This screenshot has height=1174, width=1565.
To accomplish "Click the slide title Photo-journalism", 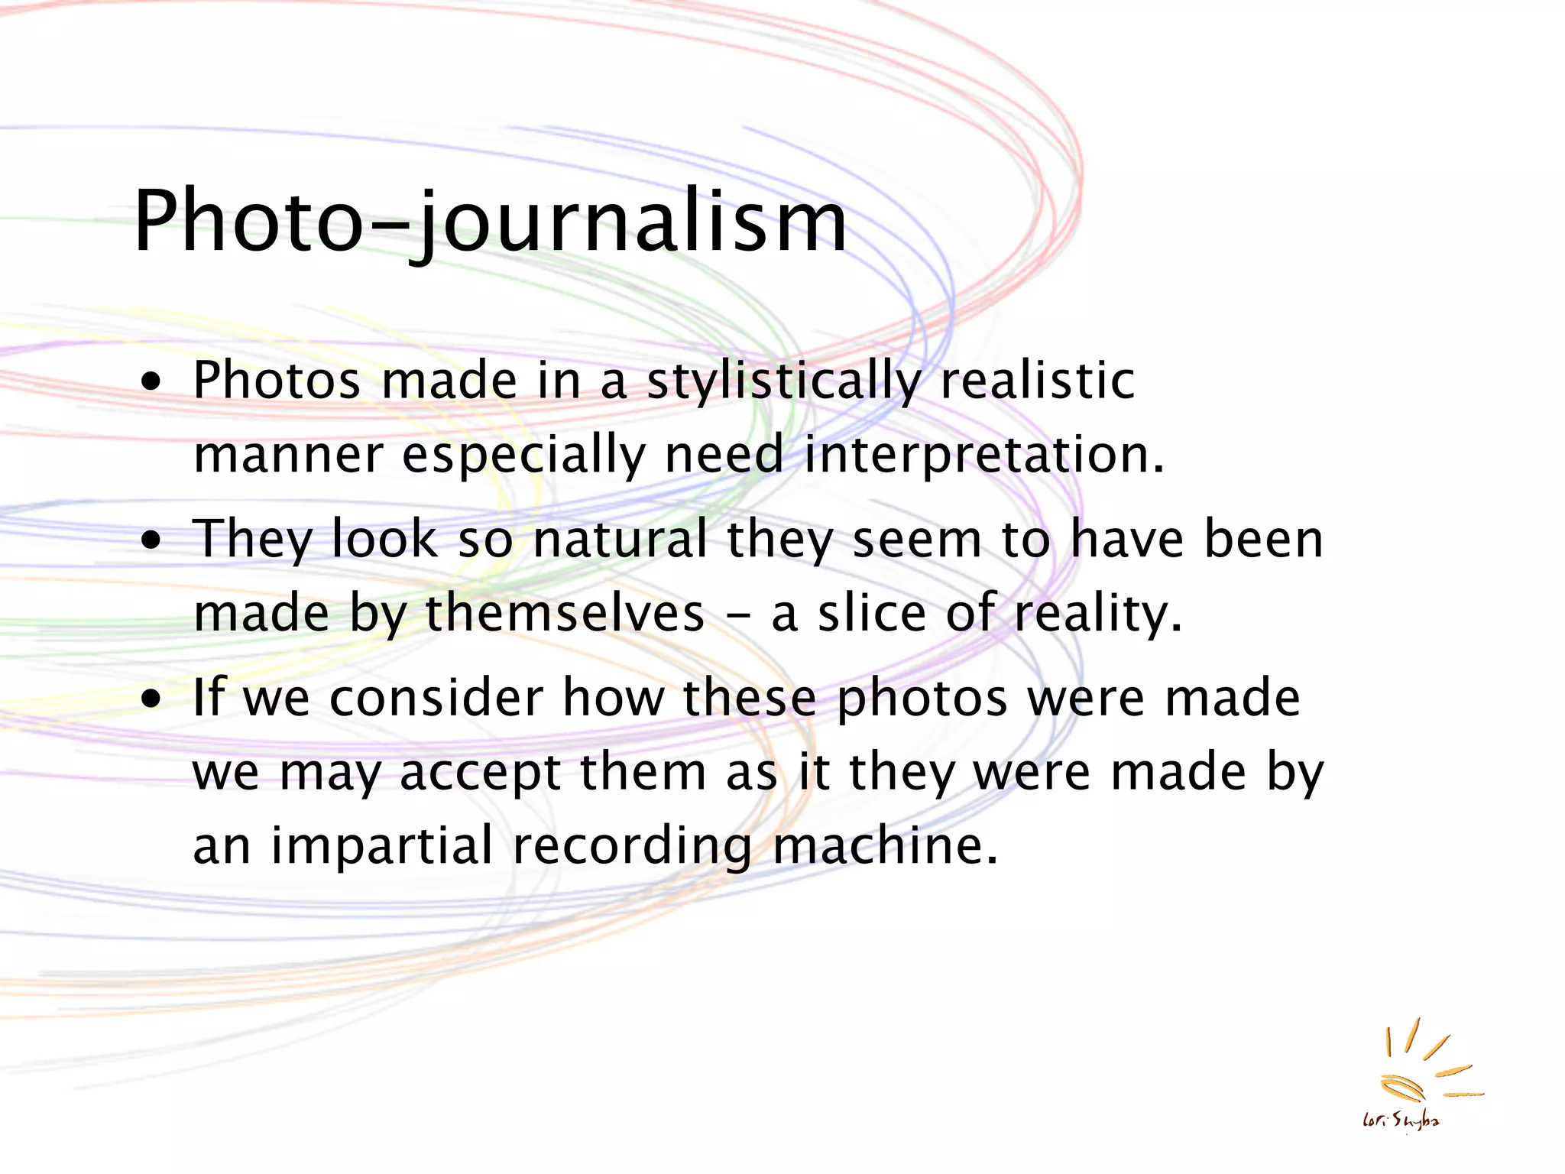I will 490,222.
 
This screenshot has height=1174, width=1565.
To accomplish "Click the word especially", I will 523,456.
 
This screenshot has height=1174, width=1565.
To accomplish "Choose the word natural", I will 620,539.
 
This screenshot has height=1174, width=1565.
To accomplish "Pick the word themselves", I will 565,614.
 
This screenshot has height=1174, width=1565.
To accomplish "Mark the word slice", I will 871,614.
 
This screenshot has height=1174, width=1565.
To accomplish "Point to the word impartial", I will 382,846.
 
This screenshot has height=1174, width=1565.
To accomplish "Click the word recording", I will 633,847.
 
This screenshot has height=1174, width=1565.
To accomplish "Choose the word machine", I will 885,846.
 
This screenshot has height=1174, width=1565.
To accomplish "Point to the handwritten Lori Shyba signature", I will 1401,1121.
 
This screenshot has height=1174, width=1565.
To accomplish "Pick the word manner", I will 288,456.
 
